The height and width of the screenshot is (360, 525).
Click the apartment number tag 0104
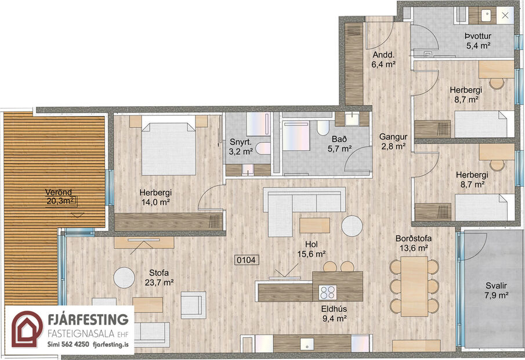click(246, 261)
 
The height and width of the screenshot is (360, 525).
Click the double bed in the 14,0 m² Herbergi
click(168, 147)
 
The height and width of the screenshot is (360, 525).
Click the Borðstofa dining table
click(414, 286)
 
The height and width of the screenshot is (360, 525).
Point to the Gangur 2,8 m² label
click(392, 142)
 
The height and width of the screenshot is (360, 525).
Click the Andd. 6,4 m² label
click(383, 60)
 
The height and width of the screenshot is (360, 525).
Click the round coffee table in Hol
click(352, 226)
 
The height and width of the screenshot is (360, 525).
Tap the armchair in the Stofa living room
click(193, 303)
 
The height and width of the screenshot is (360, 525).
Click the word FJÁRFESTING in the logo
click(87, 319)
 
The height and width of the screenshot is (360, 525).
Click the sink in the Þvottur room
click(486, 15)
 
